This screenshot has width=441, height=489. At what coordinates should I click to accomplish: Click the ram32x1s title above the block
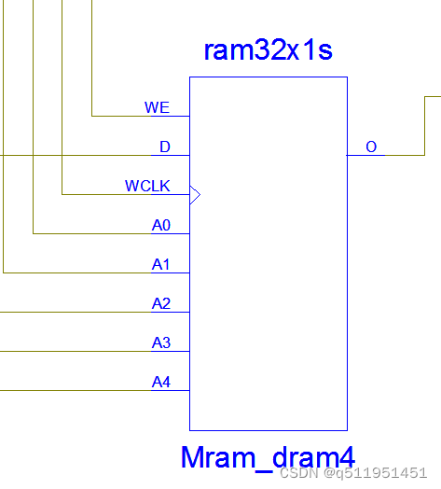[x=268, y=50]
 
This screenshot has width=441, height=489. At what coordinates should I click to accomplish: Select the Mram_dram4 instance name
[x=268, y=457]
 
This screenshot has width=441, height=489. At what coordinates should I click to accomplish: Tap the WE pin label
[x=157, y=107]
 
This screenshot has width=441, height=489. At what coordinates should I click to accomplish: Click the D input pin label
[x=165, y=147]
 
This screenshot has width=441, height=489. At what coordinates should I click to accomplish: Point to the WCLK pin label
[x=147, y=186]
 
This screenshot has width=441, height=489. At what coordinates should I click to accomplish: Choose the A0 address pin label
[x=161, y=225]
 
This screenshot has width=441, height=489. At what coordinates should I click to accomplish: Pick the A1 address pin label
[x=161, y=264]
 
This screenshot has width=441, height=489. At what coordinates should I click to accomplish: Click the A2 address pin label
[x=161, y=303]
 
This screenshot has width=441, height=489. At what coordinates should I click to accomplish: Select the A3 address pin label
[x=161, y=342]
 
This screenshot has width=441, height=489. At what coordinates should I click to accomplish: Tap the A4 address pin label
[x=161, y=382]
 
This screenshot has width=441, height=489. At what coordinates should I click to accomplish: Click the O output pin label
[x=371, y=147]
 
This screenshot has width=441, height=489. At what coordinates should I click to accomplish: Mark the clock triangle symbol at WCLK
[x=195, y=194]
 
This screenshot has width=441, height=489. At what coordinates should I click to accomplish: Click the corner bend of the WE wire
[x=92, y=116]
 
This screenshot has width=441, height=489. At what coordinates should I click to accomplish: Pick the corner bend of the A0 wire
[x=34, y=233]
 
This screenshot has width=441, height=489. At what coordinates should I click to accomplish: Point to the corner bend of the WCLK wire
[x=62, y=194]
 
